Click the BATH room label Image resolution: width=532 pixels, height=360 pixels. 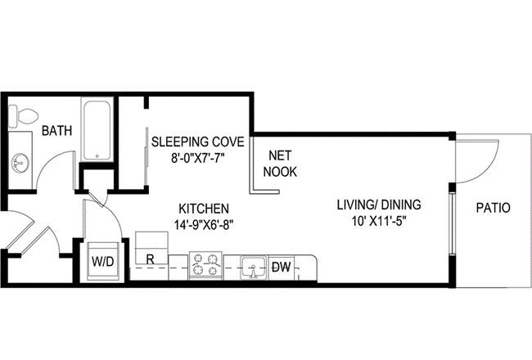point(56,130)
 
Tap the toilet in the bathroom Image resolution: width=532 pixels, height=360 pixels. point(22,116)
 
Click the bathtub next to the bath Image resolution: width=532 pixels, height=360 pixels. point(97,129)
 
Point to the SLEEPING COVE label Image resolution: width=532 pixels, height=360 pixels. point(198,142)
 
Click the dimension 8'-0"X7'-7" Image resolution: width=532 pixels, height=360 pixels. point(198,158)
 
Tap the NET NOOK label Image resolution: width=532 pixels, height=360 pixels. point(280,164)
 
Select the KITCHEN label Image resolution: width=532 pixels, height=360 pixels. point(204,209)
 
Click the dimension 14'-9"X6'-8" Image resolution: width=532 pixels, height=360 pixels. point(204,224)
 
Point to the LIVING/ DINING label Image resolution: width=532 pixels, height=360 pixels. point(379,205)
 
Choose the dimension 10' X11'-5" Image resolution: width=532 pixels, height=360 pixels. point(379,221)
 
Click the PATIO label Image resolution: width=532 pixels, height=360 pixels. point(493,208)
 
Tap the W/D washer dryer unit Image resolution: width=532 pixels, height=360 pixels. point(103,261)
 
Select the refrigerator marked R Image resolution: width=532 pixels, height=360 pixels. point(151,248)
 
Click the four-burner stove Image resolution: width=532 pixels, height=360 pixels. point(205,265)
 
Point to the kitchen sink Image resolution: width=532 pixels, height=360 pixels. point(253,268)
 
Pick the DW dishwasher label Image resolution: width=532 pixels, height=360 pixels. point(282,268)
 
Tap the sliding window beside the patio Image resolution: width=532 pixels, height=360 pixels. point(452,223)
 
